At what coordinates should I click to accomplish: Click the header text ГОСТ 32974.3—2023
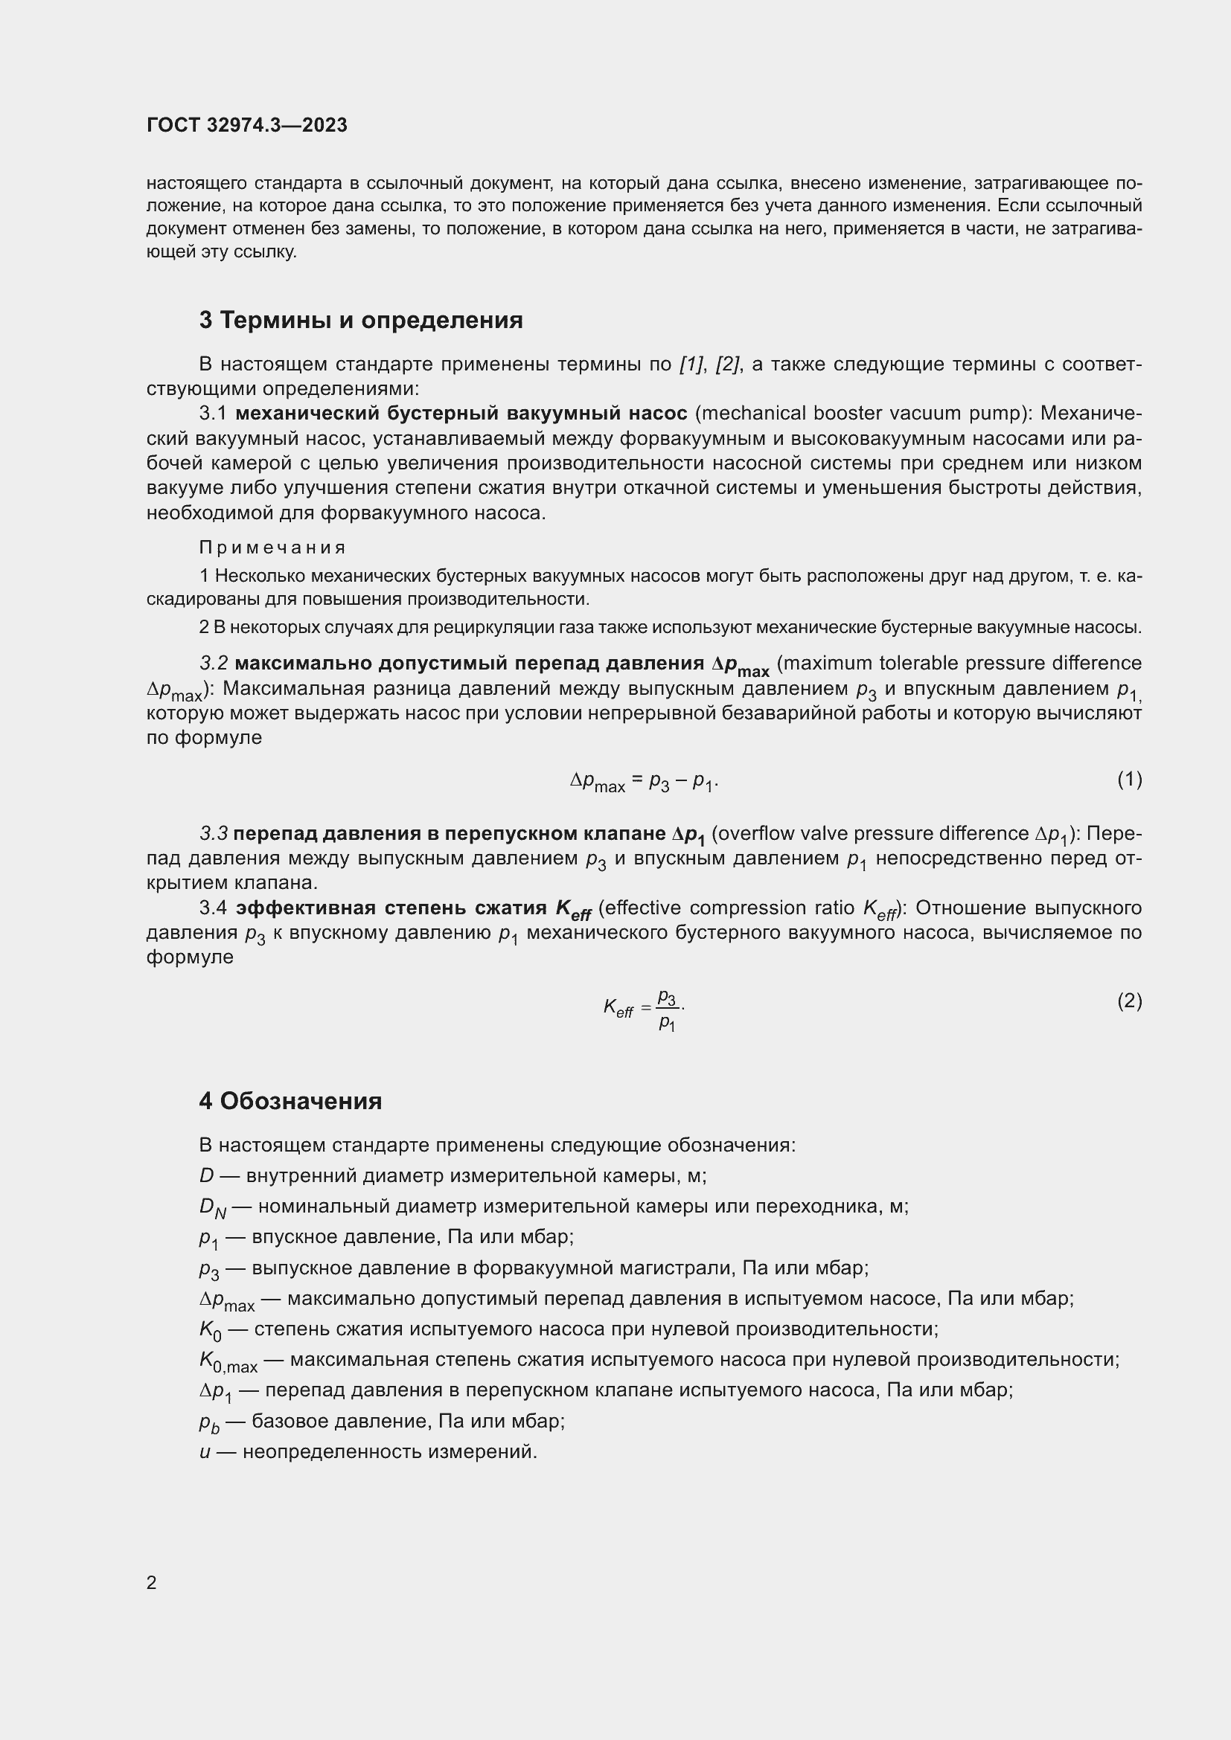pos(247,125)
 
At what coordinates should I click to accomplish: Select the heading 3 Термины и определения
pos(361,321)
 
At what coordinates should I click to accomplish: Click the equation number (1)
pos(1129,779)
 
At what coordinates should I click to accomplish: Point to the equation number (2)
pos(1129,1001)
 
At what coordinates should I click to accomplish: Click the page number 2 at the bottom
pos(152,1582)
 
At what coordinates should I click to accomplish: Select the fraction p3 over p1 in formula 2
pos(666,1009)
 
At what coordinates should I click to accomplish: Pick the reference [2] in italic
pos(729,365)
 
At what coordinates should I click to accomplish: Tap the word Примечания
pos(273,548)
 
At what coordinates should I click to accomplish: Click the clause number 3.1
pos(213,414)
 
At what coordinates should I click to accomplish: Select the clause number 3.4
pos(213,908)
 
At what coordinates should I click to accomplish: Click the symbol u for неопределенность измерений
pos(205,1452)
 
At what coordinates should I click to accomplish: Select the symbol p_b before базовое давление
pos(209,1422)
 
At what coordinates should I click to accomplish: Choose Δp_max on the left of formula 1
pos(598,781)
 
